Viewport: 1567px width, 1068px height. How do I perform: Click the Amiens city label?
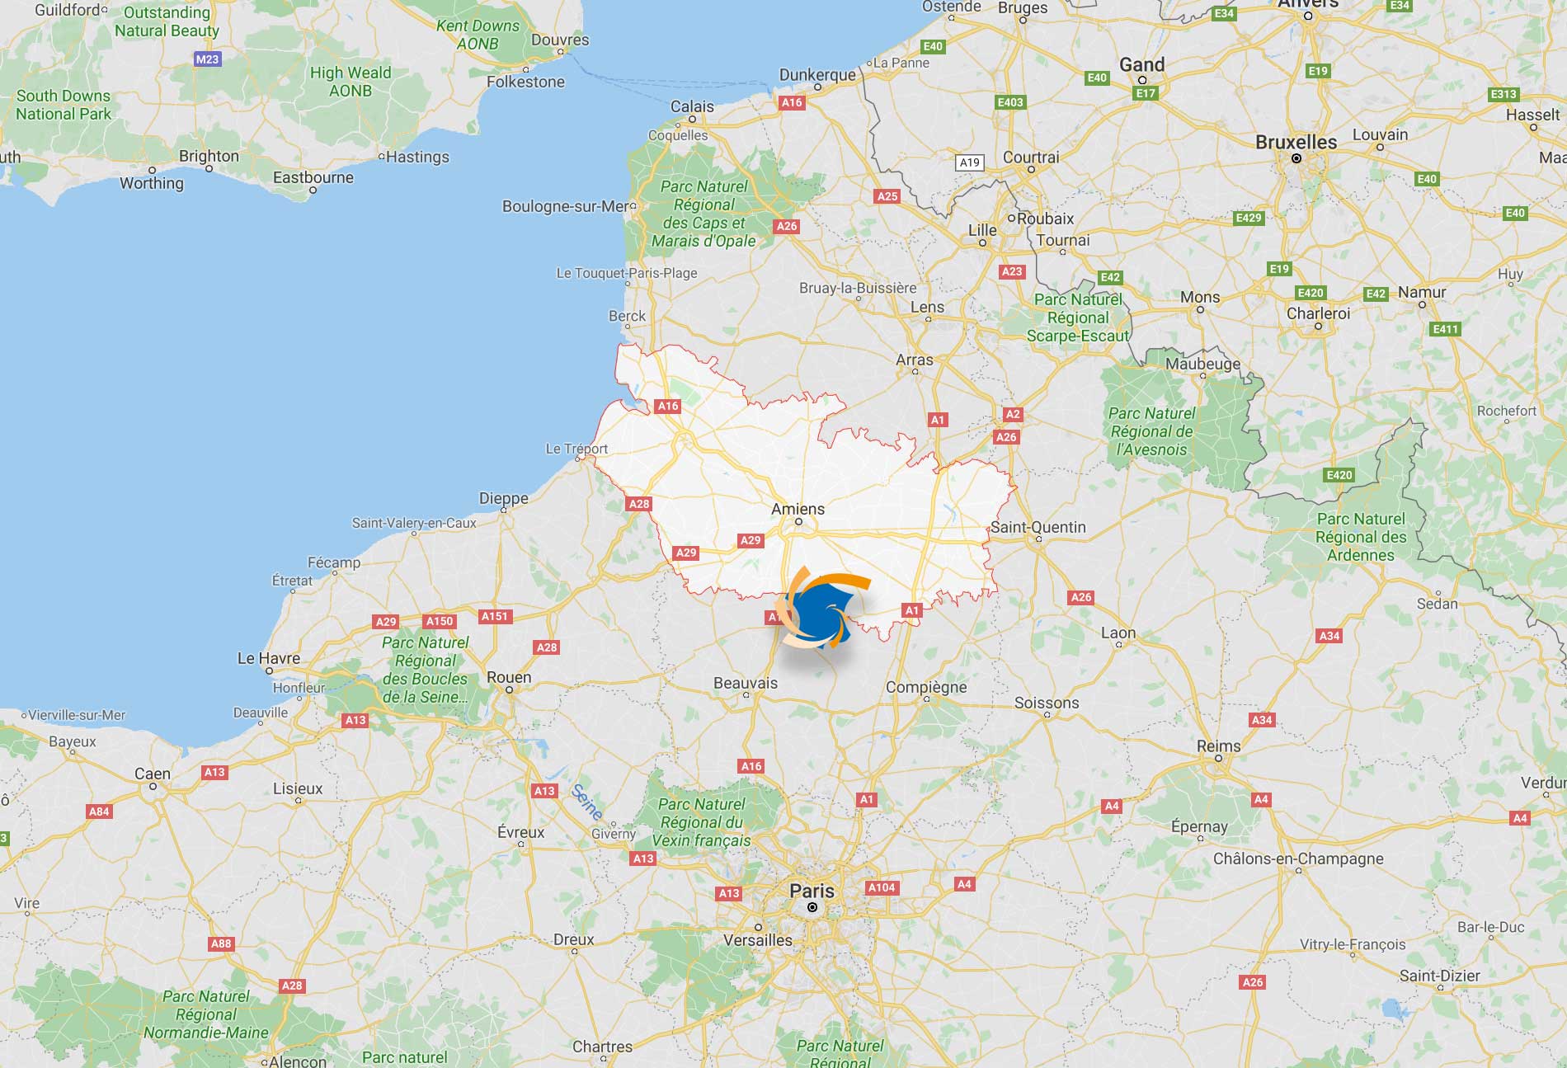(x=798, y=510)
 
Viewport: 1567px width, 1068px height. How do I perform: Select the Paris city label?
(x=812, y=891)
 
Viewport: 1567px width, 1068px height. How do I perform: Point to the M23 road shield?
(x=207, y=59)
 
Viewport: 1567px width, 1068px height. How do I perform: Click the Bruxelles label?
(x=1296, y=142)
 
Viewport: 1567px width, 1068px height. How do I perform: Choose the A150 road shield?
(x=439, y=621)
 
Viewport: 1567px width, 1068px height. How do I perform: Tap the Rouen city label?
(x=509, y=677)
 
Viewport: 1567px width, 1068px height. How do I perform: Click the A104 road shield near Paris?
(x=881, y=887)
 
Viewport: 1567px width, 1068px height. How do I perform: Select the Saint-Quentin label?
(x=1038, y=527)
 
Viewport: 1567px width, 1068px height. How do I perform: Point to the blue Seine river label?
(x=586, y=801)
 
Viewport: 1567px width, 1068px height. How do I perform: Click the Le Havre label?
(x=269, y=658)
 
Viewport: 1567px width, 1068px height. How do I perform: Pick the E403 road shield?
(x=1009, y=102)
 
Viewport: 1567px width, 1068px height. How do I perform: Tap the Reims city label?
(x=1218, y=746)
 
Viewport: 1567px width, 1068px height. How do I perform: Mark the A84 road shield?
(x=99, y=812)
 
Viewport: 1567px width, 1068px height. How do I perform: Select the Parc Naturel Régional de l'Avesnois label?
(x=1151, y=431)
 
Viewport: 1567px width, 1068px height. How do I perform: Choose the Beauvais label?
(x=746, y=683)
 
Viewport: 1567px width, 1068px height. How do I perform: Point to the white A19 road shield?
(x=970, y=162)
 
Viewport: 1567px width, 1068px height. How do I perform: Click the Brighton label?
(x=209, y=156)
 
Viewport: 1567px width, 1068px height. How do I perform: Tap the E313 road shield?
(x=1503, y=94)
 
